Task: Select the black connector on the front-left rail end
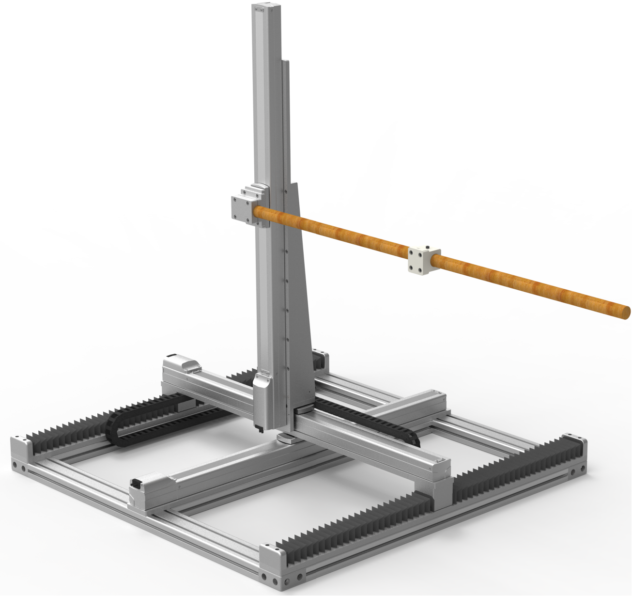136,483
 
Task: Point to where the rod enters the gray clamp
256,212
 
